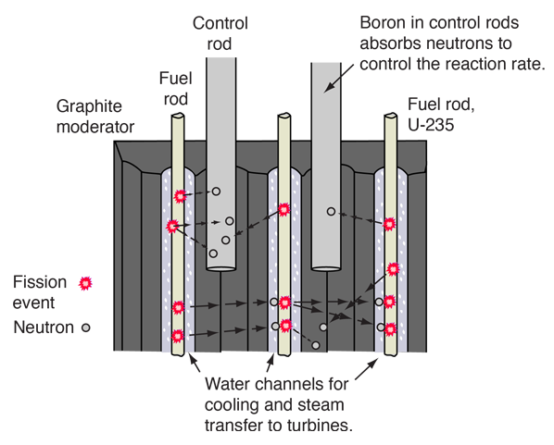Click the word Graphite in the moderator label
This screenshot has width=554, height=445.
pyautogui.click(x=89, y=106)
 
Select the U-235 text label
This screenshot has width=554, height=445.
pyautogui.click(x=431, y=125)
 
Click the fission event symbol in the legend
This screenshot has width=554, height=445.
pyautogui.click(x=85, y=283)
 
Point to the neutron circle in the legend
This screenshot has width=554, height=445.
pyautogui.click(x=86, y=328)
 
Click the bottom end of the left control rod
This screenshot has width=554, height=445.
pyautogui.click(x=220, y=268)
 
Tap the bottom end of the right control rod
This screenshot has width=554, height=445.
pyautogui.click(x=326, y=268)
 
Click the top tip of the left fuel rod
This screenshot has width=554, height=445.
pyautogui.click(x=178, y=116)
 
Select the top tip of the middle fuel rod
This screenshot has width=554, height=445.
pyautogui.click(x=284, y=116)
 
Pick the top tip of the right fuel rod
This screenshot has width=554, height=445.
pyautogui.click(x=391, y=116)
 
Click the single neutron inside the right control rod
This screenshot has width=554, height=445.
pyautogui.click(x=331, y=211)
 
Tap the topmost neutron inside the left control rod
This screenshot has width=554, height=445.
pyautogui.click(x=216, y=192)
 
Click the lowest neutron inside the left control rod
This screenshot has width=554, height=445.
pyautogui.click(x=213, y=253)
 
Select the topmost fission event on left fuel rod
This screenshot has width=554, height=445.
pyautogui.click(x=181, y=196)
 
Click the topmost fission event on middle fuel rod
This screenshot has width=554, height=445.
pyautogui.click(x=284, y=210)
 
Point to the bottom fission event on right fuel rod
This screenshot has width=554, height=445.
pyautogui.click(x=390, y=329)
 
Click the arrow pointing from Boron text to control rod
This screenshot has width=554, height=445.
pyautogui.click(x=338, y=79)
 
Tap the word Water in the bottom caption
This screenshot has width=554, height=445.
pyautogui.click(x=229, y=384)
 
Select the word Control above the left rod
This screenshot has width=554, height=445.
pyautogui.click(x=220, y=24)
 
